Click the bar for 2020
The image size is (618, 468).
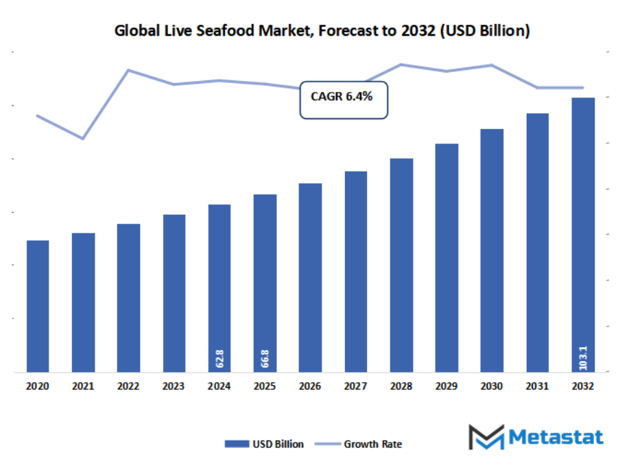[38, 306]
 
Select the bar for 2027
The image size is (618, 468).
[355, 272]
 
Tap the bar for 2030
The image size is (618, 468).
[492, 250]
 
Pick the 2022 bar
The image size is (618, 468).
[128, 298]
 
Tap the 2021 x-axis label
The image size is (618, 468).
[83, 386]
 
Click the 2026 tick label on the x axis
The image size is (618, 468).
[310, 386]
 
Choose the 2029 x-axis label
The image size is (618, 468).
[447, 386]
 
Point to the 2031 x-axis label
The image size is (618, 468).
[537, 386]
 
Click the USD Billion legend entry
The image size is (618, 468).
[264, 444]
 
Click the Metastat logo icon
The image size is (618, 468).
[486, 437]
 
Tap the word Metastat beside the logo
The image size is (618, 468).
[556, 437]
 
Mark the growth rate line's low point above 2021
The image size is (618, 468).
[83, 139]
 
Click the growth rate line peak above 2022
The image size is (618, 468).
[128, 70]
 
